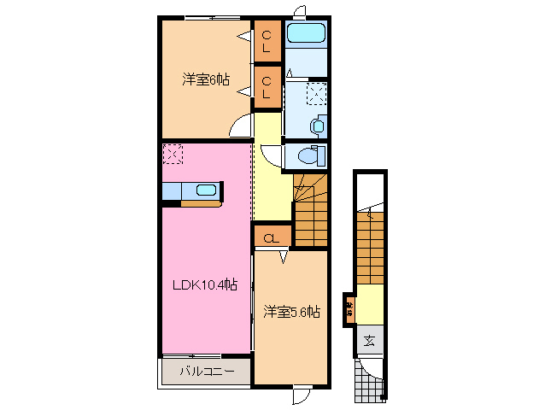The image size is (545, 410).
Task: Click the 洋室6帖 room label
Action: (205, 79)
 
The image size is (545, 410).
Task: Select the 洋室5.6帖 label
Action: (291, 311)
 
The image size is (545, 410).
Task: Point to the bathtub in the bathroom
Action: (305, 35)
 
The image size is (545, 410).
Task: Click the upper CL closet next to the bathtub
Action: (267, 38)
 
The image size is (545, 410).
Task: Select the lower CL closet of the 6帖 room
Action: (267, 87)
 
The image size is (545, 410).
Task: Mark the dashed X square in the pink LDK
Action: (173, 155)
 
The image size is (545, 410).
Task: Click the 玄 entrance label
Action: (369, 341)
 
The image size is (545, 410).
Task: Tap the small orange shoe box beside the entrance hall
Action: (350, 308)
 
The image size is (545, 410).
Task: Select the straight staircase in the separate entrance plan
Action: (370, 248)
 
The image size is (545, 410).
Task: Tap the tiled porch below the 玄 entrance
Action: (370, 378)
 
